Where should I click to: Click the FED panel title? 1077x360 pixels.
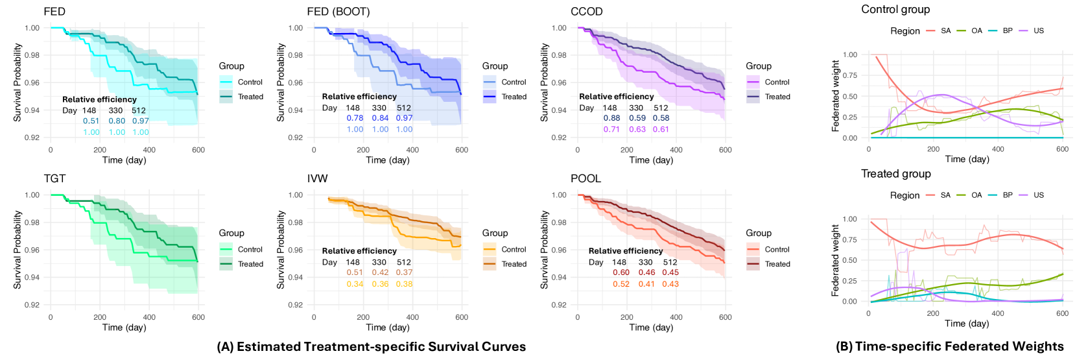[54, 12]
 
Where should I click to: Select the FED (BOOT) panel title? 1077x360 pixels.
[338, 12]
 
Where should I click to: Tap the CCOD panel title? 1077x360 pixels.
[587, 12]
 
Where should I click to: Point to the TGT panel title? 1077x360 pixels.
[54, 178]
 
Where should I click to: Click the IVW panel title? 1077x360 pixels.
[318, 178]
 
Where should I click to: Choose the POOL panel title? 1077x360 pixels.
[586, 178]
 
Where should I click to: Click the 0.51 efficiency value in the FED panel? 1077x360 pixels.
[91, 121]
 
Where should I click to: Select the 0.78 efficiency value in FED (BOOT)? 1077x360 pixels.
[355, 118]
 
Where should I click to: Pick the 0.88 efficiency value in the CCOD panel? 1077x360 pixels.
[611, 118]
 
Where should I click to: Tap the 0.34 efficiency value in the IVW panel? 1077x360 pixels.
[355, 284]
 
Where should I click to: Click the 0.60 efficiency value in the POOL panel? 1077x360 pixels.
[621, 272]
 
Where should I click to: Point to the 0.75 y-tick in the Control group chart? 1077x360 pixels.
[849, 76]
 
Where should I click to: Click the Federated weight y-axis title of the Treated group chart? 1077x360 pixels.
[836, 260]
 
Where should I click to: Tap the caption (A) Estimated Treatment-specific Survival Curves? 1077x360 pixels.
[371, 347]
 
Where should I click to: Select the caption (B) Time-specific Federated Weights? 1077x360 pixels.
[949, 347]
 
